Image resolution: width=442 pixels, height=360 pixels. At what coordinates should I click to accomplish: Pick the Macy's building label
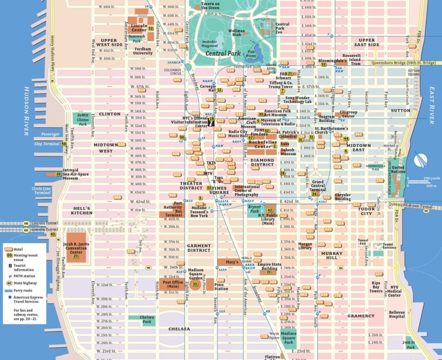tap(232, 262)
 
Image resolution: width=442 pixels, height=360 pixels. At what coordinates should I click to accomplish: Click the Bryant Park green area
tap(254, 210)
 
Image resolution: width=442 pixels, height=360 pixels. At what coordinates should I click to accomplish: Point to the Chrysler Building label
tap(342, 197)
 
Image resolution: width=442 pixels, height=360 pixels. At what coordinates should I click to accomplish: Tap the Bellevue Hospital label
tap(397, 313)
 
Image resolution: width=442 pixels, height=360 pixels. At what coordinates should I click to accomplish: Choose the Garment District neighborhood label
tap(199, 248)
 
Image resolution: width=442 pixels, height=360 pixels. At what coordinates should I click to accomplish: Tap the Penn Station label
tap(220, 286)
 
